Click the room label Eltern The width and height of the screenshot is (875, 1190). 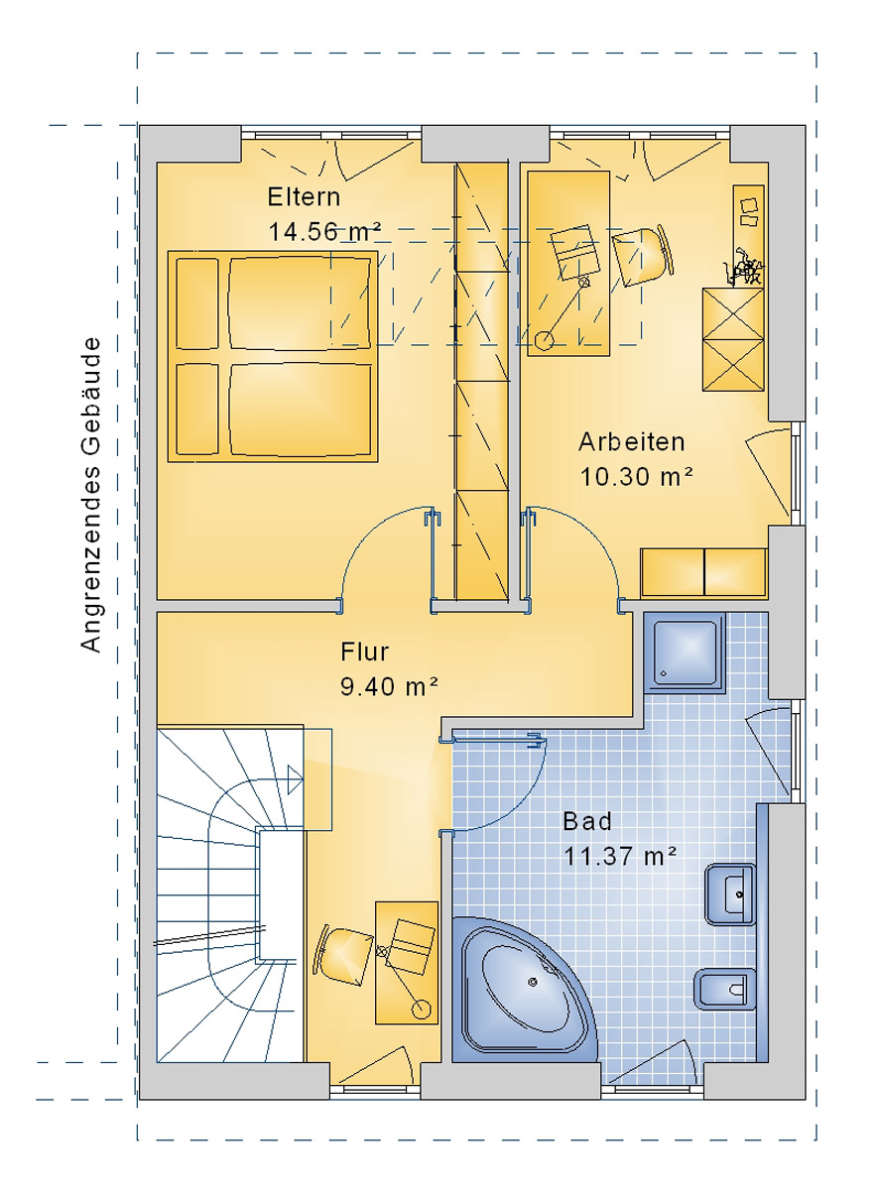(x=304, y=196)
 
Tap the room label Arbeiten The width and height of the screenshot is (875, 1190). (x=632, y=441)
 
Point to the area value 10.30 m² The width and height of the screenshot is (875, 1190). (x=635, y=477)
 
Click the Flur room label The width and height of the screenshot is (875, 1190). (x=364, y=652)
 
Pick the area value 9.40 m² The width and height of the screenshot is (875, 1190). (x=389, y=686)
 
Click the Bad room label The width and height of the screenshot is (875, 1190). (x=587, y=821)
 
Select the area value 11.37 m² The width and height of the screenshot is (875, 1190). (x=620, y=856)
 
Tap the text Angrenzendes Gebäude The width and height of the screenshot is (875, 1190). (x=91, y=495)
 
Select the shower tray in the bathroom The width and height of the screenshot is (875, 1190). (x=685, y=652)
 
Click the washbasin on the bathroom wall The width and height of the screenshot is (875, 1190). (x=730, y=893)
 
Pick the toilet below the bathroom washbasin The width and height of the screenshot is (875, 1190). (x=723, y=988)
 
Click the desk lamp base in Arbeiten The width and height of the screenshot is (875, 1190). (x=544, y=341)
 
